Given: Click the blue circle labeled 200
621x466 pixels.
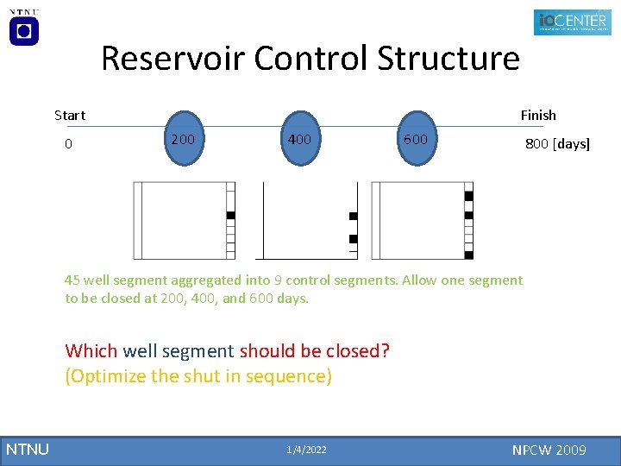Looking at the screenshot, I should [x=182, y=138].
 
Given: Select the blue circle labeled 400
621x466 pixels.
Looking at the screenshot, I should [x=299, y=138].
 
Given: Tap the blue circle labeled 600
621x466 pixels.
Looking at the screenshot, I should [x=415, y=138].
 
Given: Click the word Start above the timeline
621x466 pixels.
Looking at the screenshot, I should [x=70, y=115].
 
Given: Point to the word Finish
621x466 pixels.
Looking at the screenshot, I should [x=537, y=115].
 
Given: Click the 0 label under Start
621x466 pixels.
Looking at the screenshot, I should [x=69, y=143].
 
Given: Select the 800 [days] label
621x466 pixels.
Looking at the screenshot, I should [x=557, y=143].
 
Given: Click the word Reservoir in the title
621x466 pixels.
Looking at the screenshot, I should [x=174, y=59].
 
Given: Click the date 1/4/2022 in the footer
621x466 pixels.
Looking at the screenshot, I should [x=306, y=450].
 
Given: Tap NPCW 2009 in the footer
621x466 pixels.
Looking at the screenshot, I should [x=549, y=450].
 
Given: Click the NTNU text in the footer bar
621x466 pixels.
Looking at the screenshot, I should [x=28, y=450].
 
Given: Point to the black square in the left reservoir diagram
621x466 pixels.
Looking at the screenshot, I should [x=230, y=215].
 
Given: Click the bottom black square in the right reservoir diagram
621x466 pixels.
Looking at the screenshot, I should [x=468, y=255].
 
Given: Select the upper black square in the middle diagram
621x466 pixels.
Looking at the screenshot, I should [x=353, y=216].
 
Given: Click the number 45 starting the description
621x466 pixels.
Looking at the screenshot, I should [x=72, y=280].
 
